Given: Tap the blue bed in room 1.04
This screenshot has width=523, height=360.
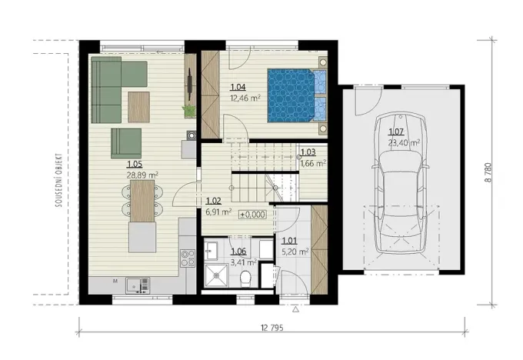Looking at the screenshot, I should pyautogui.click(x=292, y=95).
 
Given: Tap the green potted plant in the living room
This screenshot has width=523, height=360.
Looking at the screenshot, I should pyautogui.click(x=188, y=111).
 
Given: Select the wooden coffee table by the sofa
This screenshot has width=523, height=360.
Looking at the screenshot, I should pyautogui.click(x=139, y=106).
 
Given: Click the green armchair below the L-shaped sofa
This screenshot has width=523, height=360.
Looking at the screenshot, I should pyautogui.click(x=126, y=142).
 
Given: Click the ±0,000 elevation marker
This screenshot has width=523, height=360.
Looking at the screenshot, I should pyautogui.click(x=252, y=215).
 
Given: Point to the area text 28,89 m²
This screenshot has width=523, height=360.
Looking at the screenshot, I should pyautogui.click(x=140, y=175).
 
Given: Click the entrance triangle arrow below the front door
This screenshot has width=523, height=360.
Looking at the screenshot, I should pyautogui.click(x=295, y=309).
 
